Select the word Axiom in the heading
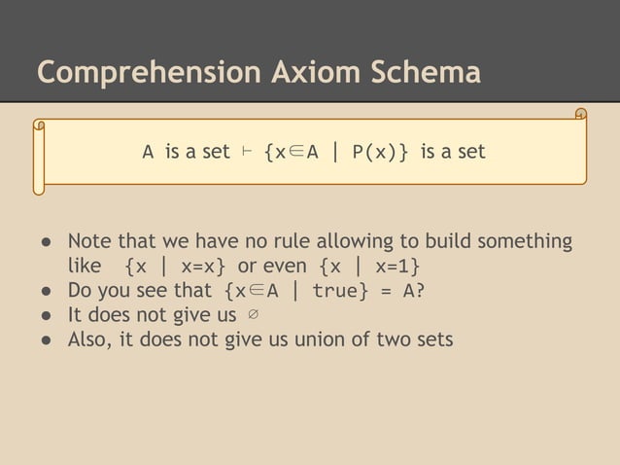coord(300,73)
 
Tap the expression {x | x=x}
coord(176,267)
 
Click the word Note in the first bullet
coord(88,241)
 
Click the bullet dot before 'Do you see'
coord(46,291)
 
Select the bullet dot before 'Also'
coord(46,340)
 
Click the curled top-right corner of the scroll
coord(580,116)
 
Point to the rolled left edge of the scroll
coord(40,156)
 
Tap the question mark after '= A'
coord(420,291)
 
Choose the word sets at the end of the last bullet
coord(431,340)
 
